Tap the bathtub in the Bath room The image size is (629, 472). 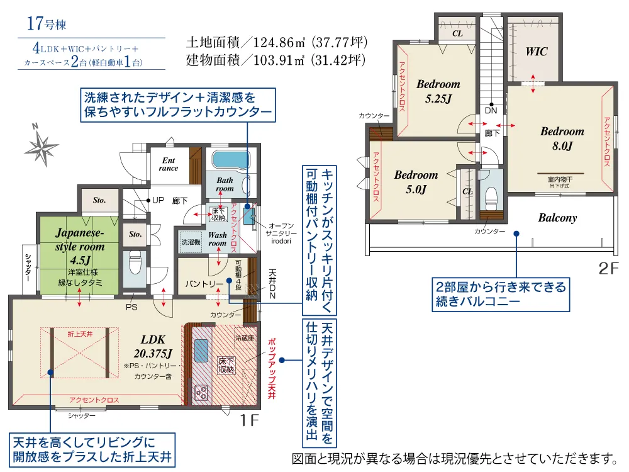[231, 160]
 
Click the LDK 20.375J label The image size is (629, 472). [153, 346]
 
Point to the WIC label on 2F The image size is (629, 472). [537, 52]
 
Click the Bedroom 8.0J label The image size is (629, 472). [562, 138]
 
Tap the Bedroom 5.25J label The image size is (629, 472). [438, 91]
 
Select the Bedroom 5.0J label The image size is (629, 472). [416, 182]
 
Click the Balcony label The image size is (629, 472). [557, 218]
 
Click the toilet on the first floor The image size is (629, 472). [136, 262]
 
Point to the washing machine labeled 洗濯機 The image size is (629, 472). [191, 242]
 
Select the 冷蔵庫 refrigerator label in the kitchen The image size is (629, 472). [244, 338]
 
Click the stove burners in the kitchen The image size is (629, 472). [201, 393]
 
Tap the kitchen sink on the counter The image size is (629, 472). [201, 350]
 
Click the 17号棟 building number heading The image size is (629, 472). [46, 23]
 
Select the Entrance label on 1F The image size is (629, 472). [169, 164]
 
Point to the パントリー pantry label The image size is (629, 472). [204, 284]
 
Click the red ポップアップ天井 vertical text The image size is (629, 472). [272, 368]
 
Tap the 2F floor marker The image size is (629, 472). [608, 268]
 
